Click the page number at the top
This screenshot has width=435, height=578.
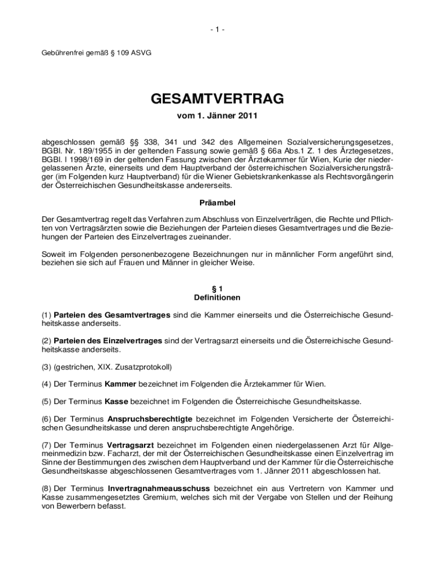[x=217, y=29]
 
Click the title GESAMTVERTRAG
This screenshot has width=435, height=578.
[x=217, y=100]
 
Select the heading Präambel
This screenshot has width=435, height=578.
[x=217, y=202]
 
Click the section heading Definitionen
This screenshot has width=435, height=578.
[x=217, y=297]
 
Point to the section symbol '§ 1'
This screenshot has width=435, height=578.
[x=217, y=288]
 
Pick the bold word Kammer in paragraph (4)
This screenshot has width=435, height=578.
[x=120, y=384]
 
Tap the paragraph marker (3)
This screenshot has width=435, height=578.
[x=47, y=367]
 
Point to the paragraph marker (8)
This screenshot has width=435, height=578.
[x=47, y=488]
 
